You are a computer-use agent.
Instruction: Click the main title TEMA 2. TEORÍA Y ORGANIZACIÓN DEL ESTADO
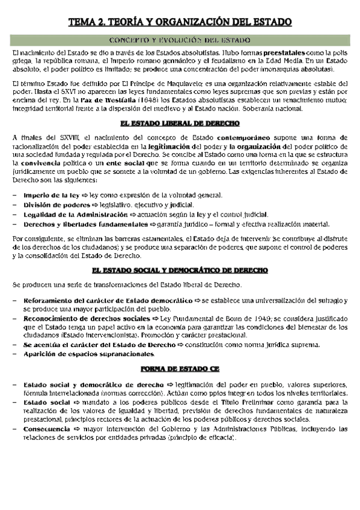[180, 23]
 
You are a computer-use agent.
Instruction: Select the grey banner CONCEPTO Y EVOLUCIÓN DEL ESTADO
[180, 40]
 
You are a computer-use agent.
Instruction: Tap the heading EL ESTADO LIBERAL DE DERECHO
[180, 123]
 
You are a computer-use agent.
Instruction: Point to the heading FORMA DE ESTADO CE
[180, 369]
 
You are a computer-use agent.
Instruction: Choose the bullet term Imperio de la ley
[50, 196]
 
